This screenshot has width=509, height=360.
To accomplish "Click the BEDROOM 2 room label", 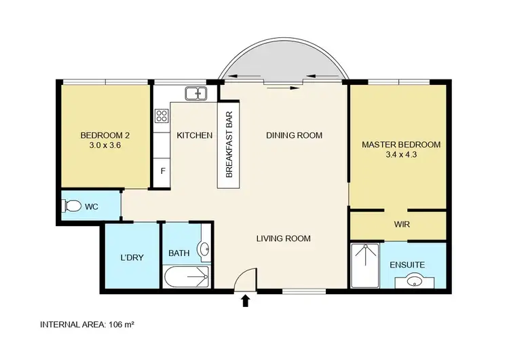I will point(105,134).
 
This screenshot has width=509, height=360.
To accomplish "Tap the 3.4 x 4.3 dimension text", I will point(400,156).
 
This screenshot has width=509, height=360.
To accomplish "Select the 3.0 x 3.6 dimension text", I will point(105,145).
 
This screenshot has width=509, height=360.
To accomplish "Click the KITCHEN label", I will point(195,136).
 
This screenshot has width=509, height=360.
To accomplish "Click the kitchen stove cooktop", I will point(162,116).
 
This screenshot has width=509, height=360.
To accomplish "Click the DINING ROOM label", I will point(293,135).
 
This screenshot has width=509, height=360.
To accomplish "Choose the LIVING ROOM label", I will point(283,238).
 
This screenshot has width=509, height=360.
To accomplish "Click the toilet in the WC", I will point(72,206).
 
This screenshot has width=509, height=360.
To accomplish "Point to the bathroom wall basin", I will point(205,250).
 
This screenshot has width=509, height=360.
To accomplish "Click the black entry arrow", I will point(245,300).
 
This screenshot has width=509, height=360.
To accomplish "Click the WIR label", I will point(402,223).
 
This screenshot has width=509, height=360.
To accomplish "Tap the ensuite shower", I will point(366,265).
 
